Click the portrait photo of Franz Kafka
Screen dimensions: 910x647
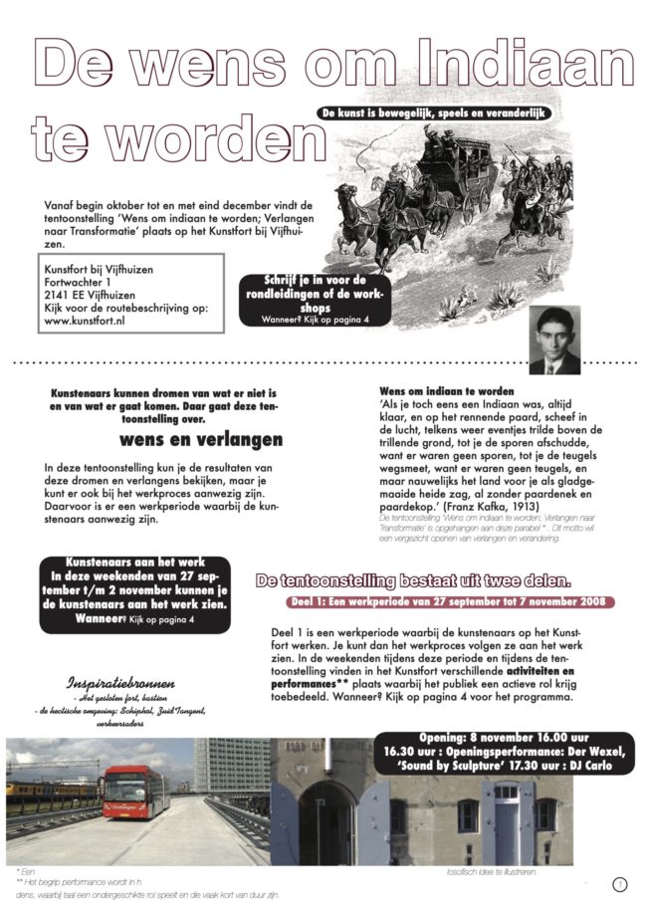(x=553, y=340)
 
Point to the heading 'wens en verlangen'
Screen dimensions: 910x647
(x=201, y=439)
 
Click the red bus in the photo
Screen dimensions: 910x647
(x=136, y=792)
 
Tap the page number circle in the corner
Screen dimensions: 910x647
(x=619, y=884)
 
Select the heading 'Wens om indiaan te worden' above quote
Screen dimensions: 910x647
(x=447, y=391)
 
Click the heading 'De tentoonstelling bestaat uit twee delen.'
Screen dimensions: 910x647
(x=413, y=579)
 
